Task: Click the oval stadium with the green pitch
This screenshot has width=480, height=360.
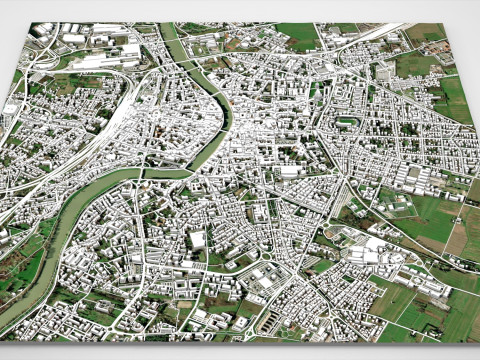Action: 348,121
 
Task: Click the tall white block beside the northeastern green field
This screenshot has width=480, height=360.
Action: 385,71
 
